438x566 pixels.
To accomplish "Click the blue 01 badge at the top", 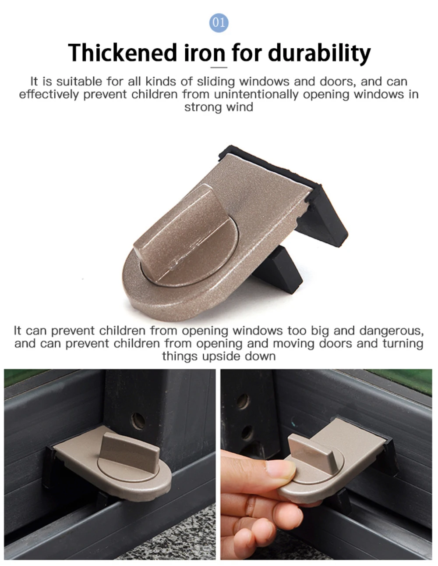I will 219,22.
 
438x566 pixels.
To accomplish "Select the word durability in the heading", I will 319,53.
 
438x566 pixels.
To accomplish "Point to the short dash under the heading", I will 219,68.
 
